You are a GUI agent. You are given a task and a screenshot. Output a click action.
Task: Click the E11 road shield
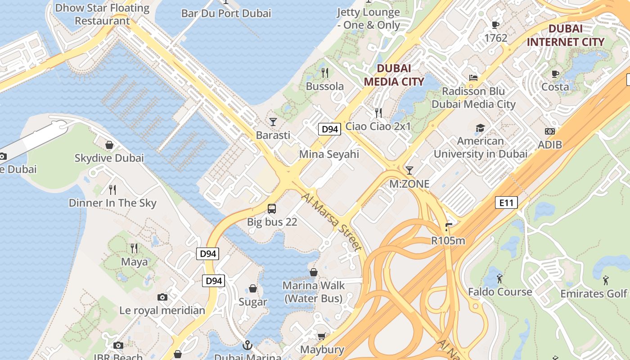506,202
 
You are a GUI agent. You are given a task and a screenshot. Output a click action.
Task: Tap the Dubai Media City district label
394,75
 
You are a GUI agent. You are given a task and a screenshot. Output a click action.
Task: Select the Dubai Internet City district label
566,35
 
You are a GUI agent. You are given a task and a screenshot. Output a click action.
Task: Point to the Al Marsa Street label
332,222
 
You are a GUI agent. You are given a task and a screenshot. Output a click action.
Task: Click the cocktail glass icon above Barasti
273,121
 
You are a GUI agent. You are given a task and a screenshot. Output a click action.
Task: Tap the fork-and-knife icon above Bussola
325,72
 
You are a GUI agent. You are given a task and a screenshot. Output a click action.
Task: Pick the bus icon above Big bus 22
272,208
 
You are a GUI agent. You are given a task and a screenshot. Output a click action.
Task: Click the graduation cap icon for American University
480,128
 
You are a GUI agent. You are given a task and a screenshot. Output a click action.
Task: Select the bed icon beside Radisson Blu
473,77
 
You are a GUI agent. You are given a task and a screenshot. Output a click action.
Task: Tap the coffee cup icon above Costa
555,73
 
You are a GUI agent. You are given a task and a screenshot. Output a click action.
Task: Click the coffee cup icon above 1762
495,25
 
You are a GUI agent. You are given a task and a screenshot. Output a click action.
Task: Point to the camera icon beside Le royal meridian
162,297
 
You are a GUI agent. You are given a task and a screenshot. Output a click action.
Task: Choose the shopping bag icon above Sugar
253,288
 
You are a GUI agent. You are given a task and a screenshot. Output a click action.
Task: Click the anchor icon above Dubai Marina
247,345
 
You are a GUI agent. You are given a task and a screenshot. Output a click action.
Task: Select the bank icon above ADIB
549,131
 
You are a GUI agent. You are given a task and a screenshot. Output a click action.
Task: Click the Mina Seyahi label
329,154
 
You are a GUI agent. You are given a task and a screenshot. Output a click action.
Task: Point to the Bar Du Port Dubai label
226,13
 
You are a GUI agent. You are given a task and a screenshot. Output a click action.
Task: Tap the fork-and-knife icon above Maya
134,248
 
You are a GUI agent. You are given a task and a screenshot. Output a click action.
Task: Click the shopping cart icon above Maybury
322,337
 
